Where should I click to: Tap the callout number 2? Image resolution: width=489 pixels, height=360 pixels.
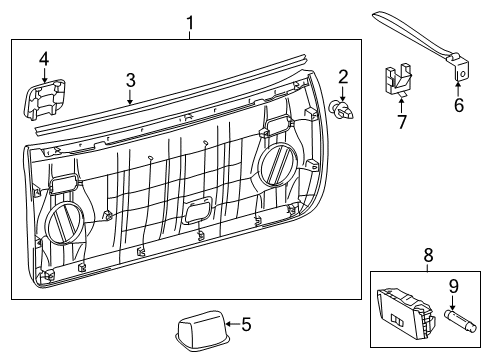(x=342, y=76)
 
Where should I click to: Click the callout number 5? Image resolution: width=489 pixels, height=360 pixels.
(x=246, y=323)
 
